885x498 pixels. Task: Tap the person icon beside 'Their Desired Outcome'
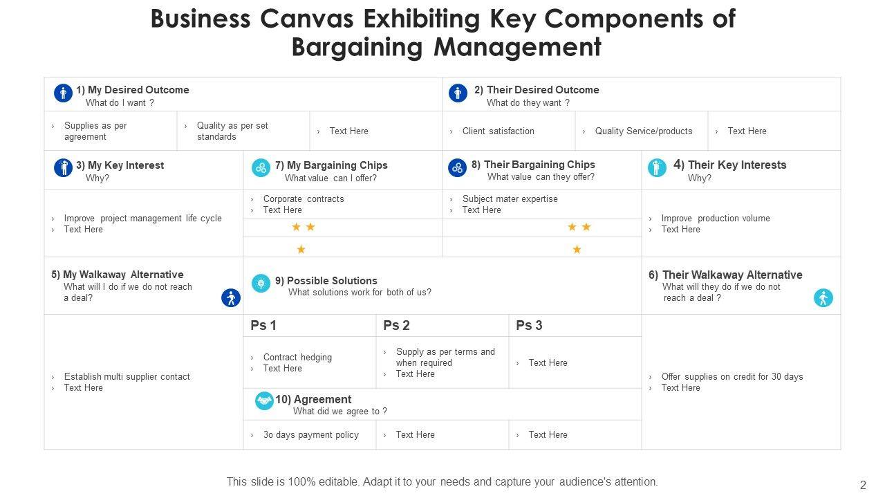click(458, 93)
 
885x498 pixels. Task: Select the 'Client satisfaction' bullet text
click(498, 131)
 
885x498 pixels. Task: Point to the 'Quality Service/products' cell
click(643, 131)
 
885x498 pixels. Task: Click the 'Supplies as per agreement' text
click(95, 131)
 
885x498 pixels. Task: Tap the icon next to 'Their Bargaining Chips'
click(457, 167)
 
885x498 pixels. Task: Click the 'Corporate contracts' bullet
click(303, 199)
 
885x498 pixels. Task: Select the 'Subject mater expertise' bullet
click(510, 199)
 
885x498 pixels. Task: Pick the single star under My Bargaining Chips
click(301, 249)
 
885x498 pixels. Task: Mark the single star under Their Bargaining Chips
click(577, 249)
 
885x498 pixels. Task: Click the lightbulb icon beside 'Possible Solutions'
click(261, 283)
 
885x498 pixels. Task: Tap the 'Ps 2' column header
click(397, 325)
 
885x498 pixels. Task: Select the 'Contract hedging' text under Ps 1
click(297, 357)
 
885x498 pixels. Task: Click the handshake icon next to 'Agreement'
click(264, 400)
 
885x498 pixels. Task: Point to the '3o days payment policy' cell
click(310, 434)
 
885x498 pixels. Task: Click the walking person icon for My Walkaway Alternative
click(230, 298)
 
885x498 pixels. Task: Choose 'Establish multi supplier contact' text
click(127, 376)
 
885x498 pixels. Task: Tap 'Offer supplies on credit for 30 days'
click(732, 376)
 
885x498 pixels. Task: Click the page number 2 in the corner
click(862, 485)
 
